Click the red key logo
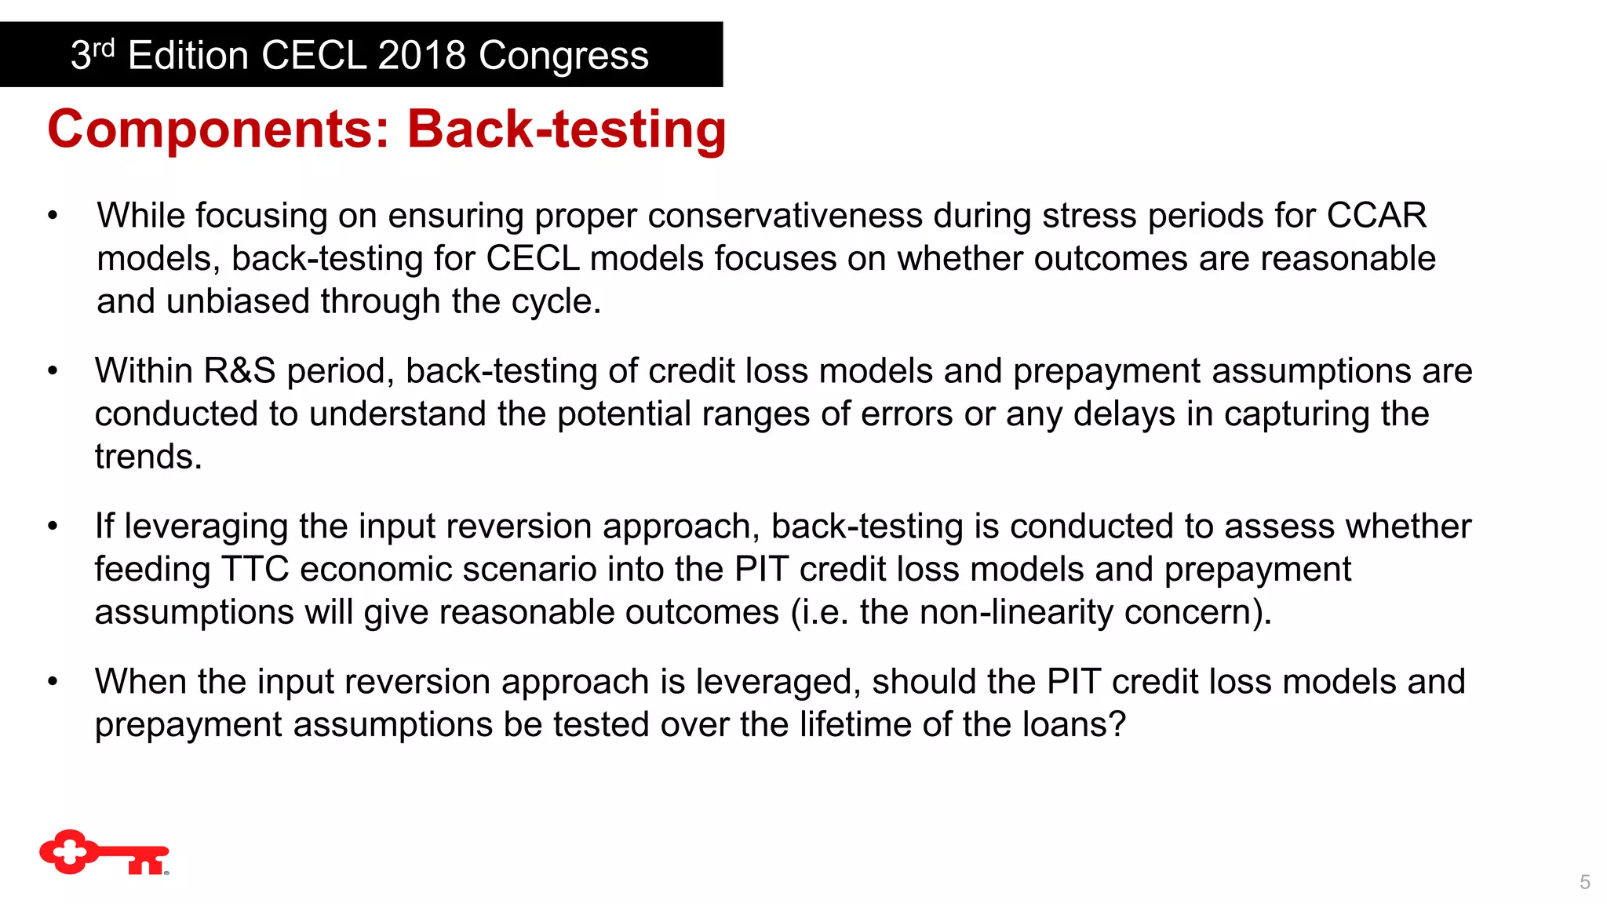pyautogui.click(x=104, y=853)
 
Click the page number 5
pyautogui.click(x=1584, y=882)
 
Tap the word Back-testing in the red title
pyautogui.click(x=567, y=129)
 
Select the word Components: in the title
pyautogui.click(x=218, y=129)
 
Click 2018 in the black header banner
pyautogui.click(x=421, y=56)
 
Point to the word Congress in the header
pyautogui.click(x=563, y=56)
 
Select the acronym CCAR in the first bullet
pyautogui.click(x=1376, y=216)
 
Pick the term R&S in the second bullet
pyautogui.click(x=239, y=371)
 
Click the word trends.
pyautogui.click(x=148, y=457)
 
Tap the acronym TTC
pyautogui.click(x=255, y=569)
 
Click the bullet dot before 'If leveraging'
pyautogui.click(x=53, y=527)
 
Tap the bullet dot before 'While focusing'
pyautogui.click(x=53, y=216)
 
